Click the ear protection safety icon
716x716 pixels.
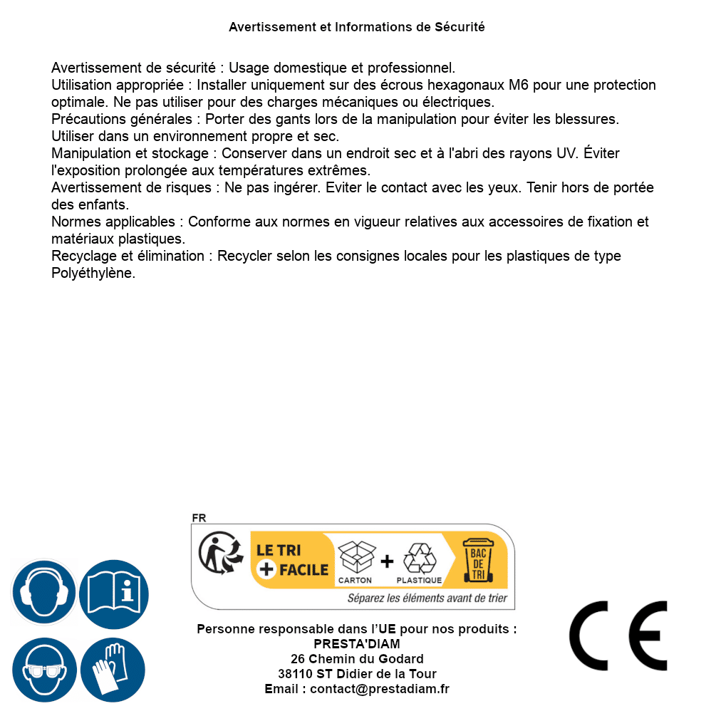pyautogui.click(x=43, y=593)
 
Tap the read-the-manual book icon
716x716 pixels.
pyautogui.click(x=114, y=593)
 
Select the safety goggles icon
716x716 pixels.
pyautogui.click(x=43, y=670)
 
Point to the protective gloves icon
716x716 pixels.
pyautogui.click(x=114, y=670)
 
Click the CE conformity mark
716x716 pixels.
pyautogui.click(x=618, y=635)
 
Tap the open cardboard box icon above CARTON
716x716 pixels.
pyautogui.click(x=356, y=557)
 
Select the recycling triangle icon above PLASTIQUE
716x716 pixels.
pyautogui.click(x=419, y=558)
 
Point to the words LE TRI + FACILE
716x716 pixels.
pyautogui.click(x=293, y=560)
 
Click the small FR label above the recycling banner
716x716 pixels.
pyautogui.click(x=199, y=518)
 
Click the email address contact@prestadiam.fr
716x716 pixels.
pyautogui.click(x=380, y=689)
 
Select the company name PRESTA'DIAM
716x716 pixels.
pyautogui.click(x=357, y=644)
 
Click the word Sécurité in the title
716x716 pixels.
pyautogui.click(x=460, y=27)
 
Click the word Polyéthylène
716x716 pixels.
pyautogui.click(x=93, y=273)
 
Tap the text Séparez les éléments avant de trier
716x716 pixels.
pyautogui.click(x=427, y=598)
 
